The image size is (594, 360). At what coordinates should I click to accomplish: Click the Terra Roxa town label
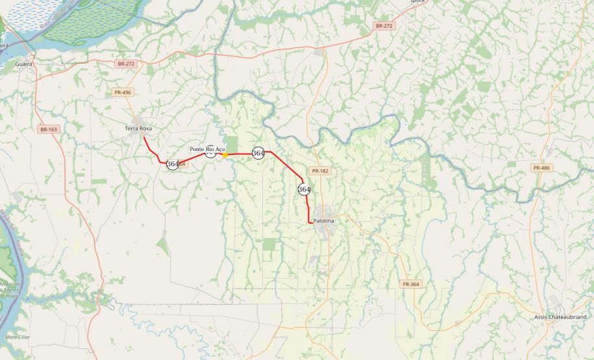point(138,129)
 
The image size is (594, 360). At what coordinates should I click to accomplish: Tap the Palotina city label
point(323,221)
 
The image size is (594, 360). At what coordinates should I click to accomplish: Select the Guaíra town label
point(25,65)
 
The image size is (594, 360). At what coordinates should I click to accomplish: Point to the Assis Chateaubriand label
point(560,317)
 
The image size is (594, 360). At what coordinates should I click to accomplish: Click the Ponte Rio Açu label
point(207,149)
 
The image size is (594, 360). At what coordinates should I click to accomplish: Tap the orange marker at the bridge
point(225,154)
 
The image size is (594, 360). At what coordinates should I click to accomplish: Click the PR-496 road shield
point(122,93)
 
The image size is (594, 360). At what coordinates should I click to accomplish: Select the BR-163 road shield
point(49,130)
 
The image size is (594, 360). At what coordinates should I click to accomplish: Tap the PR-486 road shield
point(541,168)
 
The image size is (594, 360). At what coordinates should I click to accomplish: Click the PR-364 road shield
point(410,284)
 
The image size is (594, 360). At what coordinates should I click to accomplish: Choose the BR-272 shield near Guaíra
point(126,64)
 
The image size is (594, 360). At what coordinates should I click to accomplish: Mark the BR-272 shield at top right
point(384,26)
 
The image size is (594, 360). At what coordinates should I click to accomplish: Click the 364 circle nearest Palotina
point(304,189)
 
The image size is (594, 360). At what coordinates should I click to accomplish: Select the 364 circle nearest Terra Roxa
point(172,164)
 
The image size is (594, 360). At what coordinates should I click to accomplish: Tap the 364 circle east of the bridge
point(258,153)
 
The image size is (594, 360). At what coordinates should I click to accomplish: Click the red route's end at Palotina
point(310,222)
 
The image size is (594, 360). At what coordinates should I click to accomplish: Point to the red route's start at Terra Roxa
point(143,137)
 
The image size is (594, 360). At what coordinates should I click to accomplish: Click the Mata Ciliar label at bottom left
point(14,337)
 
